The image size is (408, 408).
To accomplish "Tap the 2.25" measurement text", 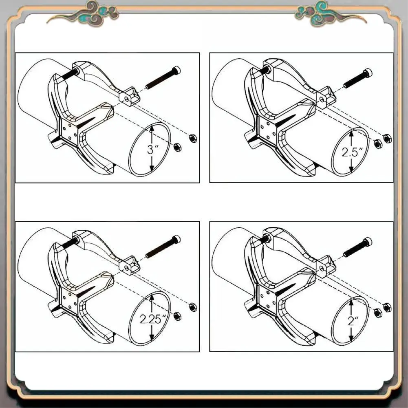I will [x=151, y=319].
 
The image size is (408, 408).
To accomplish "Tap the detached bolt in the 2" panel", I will [x=358, y=247].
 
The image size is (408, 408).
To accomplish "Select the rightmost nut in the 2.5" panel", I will [x=388, y=138].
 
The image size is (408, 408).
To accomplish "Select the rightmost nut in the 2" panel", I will [x=387, y=307].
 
